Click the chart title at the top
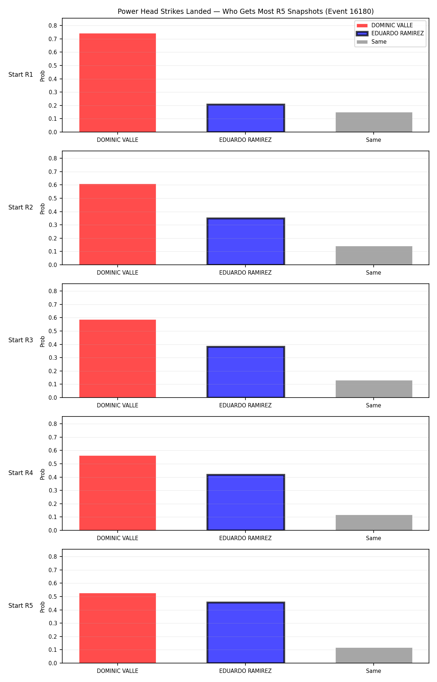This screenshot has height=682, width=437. [x=245, y=11]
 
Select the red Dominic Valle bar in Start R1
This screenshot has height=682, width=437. [x=118, y=83]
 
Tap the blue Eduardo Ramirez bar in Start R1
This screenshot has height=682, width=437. [x=246, y=118]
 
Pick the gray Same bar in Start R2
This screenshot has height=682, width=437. [x=374, y=255]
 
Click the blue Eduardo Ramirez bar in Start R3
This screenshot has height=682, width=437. [x=246, y=372]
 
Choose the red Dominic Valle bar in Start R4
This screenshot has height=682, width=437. [x=118, y=493]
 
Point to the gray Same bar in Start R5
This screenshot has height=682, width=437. [x=374, y=655]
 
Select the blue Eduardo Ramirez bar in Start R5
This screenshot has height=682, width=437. [x=246, y=633]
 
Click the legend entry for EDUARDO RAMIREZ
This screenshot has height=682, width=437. [x=390, y=33]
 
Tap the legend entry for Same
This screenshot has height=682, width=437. [x=371, y=42]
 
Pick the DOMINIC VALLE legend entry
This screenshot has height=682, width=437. [x=385, y=25]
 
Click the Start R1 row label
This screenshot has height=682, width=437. [x=21, y=75]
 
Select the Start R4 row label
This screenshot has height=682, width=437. [x=21, y=473]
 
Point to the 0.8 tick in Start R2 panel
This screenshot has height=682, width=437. [x=53, y=158]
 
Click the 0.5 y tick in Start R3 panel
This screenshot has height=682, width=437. [x=53, y=331]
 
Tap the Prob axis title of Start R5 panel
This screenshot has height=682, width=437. [x=43, y=607]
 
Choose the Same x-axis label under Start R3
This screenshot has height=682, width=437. [x=374, y=405]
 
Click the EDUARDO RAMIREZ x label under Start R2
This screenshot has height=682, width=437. [x=245, y=272]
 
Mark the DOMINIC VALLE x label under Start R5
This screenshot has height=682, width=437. [x=118, y=671]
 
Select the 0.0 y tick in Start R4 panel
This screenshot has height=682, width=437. [x=53, y=530]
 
